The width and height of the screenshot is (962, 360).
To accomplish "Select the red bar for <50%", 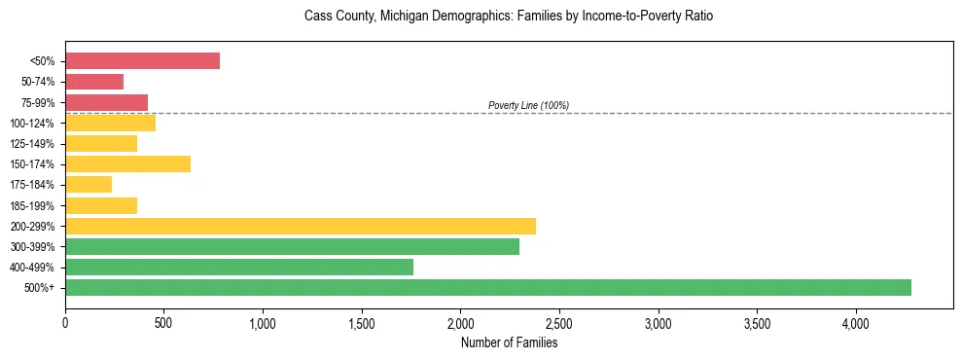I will point(142,61).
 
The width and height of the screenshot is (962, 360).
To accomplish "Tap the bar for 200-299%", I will point(301,226).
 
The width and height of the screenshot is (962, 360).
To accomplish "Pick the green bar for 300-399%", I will point(292,246).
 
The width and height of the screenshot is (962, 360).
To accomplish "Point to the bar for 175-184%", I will point(89,185).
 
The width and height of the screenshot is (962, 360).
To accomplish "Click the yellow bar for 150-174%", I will point(127,163).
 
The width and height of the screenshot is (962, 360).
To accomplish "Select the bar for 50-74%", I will point(94,82).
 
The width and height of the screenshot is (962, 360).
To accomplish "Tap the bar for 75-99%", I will point(106,102).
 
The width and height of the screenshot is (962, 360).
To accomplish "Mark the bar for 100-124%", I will point(110,123).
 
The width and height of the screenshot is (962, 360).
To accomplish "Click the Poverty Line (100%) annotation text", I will point(528,105).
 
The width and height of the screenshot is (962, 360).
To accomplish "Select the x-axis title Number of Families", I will point(509,342).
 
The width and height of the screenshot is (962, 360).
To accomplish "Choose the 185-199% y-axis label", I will point(37,205).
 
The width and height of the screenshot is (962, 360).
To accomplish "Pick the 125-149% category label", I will point(37,144).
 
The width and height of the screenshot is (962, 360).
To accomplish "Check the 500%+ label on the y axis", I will point(43,288).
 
